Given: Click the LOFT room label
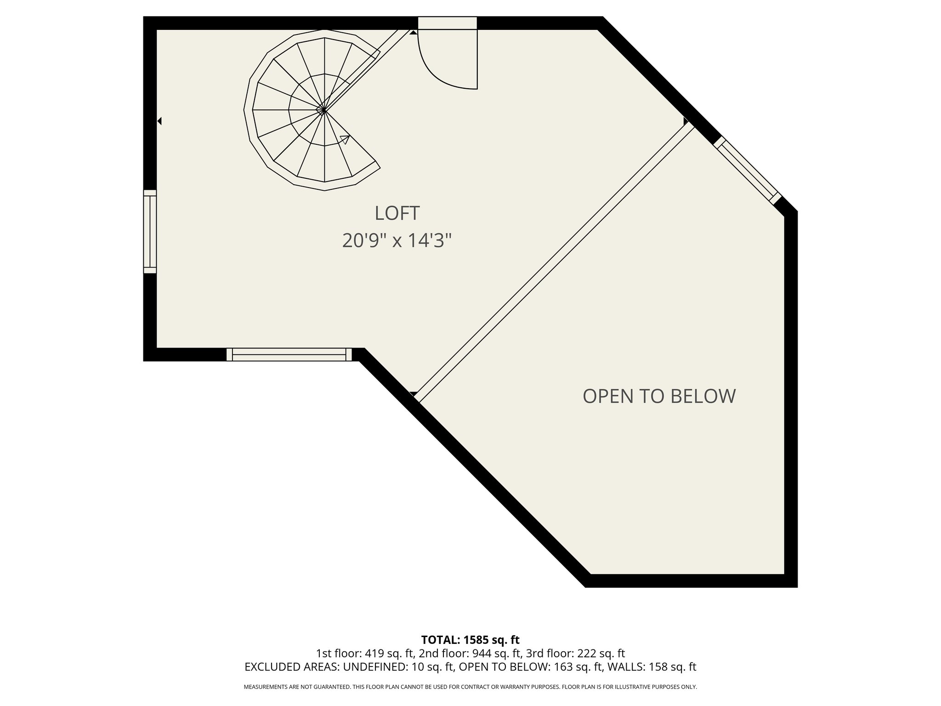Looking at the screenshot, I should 397,213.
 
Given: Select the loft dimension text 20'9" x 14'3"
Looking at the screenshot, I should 397,240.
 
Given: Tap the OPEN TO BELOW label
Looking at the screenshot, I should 659,396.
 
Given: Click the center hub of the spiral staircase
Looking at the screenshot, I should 324,110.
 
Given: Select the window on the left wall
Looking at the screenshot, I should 150,232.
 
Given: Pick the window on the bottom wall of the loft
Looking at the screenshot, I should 289,354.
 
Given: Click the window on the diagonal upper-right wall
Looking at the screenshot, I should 747,171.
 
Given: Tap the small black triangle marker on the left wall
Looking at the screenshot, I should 159,121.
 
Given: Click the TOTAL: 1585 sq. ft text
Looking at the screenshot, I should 470,640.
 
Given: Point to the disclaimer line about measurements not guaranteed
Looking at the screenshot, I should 470,687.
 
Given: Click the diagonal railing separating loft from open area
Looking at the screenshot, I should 555,262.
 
